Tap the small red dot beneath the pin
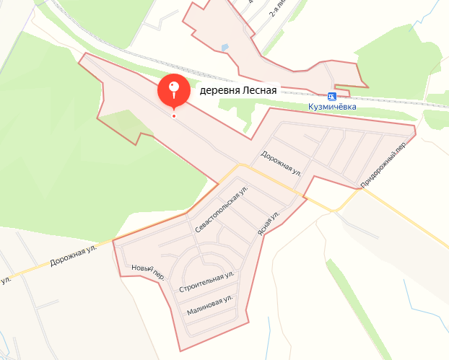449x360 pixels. pyautogui.click(x=173, y=115)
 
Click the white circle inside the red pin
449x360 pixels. pyautogui.click(x=173, y=88)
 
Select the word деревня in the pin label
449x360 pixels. pyautogui.click(x=219, y=91)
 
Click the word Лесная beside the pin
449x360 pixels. pyautogui.click(x=261, y=91)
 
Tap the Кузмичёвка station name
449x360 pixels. pyautogui.click(x=331, y=107)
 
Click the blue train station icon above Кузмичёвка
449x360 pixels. pyautogui.click(x=331, y=96)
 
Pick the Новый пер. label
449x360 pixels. pyautogui.click(x=148, y=272)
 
